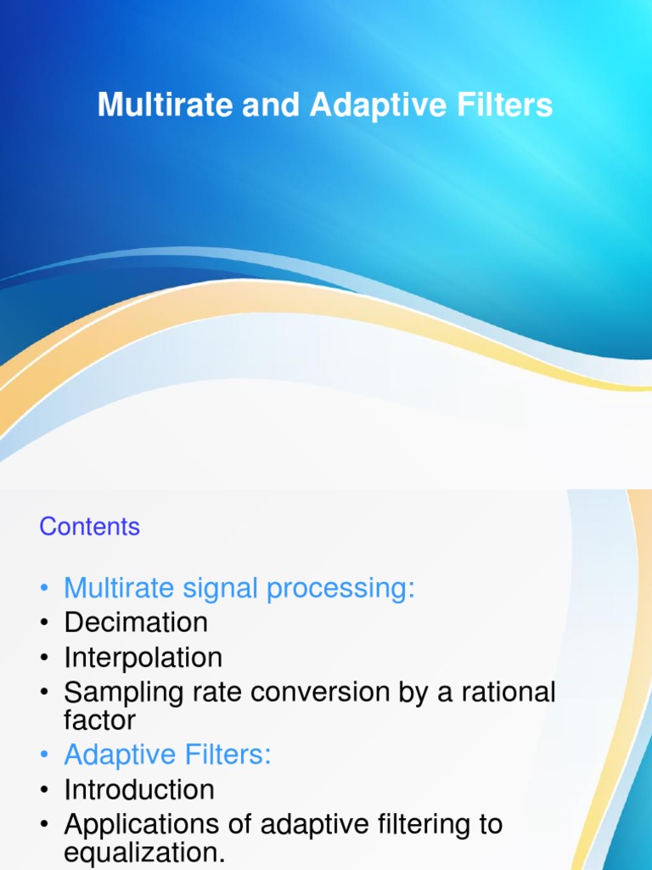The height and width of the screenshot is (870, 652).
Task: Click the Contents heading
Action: pos(89,527)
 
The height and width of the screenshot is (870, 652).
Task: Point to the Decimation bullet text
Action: pos(136,623)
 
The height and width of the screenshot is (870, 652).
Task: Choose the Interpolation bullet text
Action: pos(143,658)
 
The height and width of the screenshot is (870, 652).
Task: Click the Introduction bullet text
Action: pos(139,789)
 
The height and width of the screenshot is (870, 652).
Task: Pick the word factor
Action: pos(99,720)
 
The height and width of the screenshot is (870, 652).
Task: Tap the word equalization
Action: pos(145,852)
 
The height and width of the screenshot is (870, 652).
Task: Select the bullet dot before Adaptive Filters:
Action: pos(44,756)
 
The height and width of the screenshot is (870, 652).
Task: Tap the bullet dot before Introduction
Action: pos(44,791)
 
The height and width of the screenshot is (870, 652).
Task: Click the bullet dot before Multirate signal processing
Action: pos(44,589)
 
